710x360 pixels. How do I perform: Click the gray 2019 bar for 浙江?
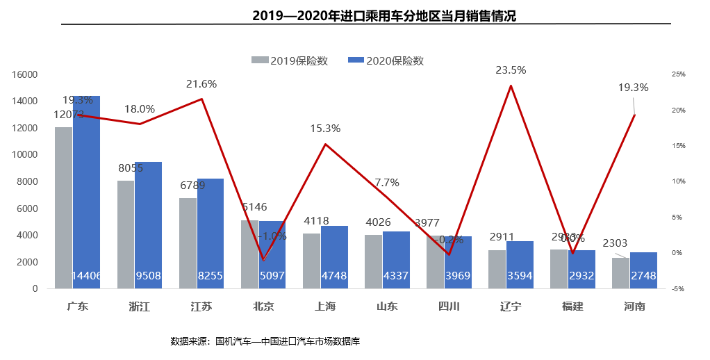126,235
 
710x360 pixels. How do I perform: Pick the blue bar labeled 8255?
210,234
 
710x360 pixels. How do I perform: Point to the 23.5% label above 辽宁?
511,70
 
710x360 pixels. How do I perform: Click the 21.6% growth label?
201,84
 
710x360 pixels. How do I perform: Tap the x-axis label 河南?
634,306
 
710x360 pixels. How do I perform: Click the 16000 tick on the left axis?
25,74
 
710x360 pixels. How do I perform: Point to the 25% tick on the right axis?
679,74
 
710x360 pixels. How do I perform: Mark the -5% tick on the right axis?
678,288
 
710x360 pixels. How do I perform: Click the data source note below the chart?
265,341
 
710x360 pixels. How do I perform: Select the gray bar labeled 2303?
620,273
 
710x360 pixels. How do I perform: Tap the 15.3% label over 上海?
325,129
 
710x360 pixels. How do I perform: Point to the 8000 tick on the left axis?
28,181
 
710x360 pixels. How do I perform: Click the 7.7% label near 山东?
387,183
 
